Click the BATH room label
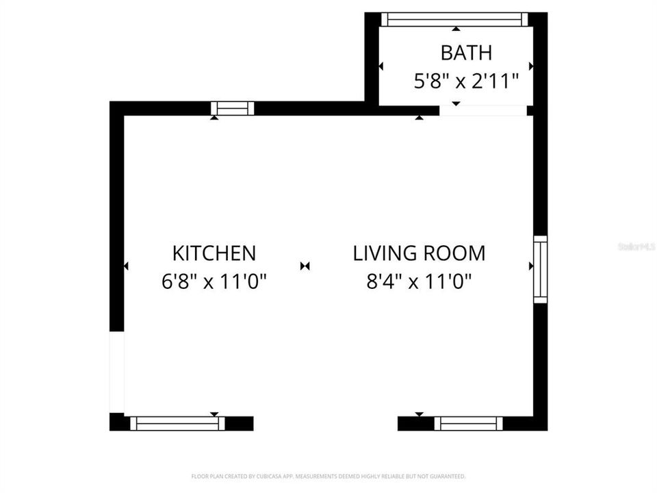coord(465,53)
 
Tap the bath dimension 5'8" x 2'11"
coord(465,81)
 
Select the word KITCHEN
coord(214,253)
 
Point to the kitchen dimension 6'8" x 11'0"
coord(214,281)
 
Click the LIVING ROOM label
coord(419,253)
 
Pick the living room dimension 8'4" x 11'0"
coord(419,281)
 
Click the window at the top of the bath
coord(455,19)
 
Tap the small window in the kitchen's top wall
coord(232,108)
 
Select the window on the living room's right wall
coord(541,269)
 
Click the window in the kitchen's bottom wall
coord(178,424)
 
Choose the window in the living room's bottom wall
coord(469,424)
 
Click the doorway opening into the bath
coord(482,110)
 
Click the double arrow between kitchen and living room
coord(305,266)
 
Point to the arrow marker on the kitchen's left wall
coord(126,266)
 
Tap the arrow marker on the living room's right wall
coord(531,266)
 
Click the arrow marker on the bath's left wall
coord(381,66)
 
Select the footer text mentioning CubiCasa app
coord(328,476)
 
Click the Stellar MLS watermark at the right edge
coord(636,246)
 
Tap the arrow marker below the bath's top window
coord(456,29)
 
